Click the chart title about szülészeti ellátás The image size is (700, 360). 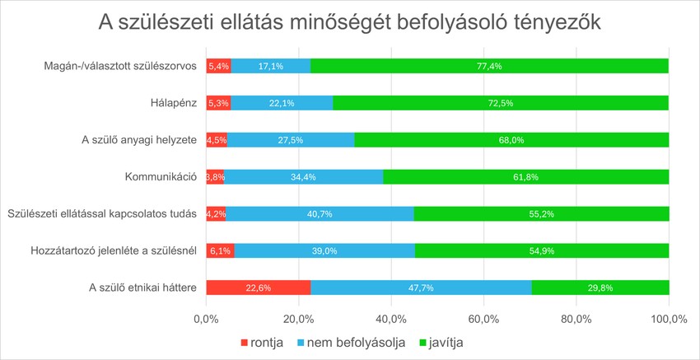[350, 23]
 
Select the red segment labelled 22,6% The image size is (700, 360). [258, 288]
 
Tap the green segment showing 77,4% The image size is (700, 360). [489, 66]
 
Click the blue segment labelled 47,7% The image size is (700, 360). [421, 288]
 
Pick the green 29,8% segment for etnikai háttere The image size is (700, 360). [600, 288]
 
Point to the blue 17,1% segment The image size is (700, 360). [271, 66]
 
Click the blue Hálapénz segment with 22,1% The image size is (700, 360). [282, 103]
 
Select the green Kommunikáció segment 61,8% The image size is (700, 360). [525, 176]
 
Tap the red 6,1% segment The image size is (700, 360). [220, 250]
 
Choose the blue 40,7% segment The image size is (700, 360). [320, 213]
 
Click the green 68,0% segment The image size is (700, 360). [511, 140]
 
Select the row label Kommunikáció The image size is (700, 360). [160, 176]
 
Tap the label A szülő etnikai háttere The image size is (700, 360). [142, 288]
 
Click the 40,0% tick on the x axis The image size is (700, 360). [390, 318]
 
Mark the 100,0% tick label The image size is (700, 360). [668, 318]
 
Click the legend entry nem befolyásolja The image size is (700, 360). [355, 342]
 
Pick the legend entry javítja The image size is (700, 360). [446, 342]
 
